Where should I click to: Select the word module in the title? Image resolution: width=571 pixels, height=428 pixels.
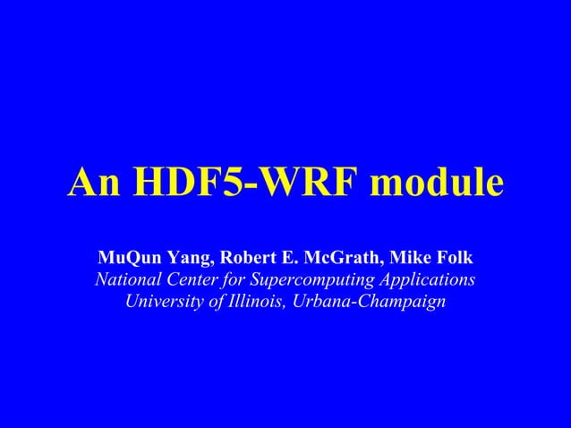click(x=436, y=184)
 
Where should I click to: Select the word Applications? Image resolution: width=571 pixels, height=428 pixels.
click(x=430, y=281)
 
